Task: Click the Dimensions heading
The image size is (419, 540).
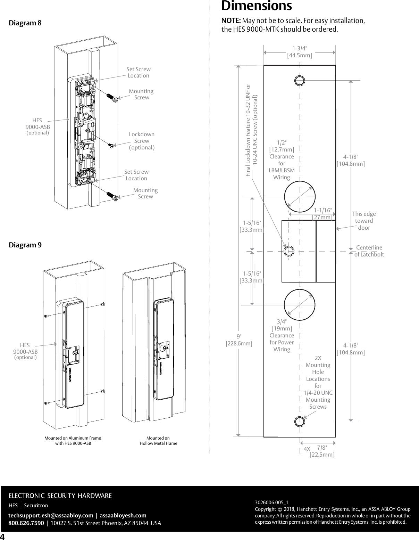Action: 257,6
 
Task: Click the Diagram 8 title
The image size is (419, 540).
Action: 25,23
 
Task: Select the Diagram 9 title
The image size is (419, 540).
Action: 25,245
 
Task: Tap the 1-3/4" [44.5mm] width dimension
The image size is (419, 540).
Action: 299,52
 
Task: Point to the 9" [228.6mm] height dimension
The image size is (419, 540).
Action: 239,340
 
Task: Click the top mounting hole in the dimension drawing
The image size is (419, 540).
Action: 300,81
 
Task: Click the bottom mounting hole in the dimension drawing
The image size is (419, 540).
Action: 300,422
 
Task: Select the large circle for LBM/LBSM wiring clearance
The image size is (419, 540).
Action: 300,197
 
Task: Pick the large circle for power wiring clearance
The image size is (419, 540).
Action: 300,305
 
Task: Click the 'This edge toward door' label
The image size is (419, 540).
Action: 364,221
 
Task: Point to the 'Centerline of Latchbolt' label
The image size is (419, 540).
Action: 369,251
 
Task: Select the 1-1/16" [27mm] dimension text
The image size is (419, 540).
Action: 322,214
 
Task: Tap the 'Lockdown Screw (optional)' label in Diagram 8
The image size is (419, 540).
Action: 142,141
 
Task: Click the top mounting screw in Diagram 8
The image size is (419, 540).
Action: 112,97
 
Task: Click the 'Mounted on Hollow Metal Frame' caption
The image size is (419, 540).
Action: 158,441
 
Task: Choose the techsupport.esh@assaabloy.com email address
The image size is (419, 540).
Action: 51,515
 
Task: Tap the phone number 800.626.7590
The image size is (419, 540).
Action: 26,523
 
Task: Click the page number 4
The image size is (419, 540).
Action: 3,536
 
